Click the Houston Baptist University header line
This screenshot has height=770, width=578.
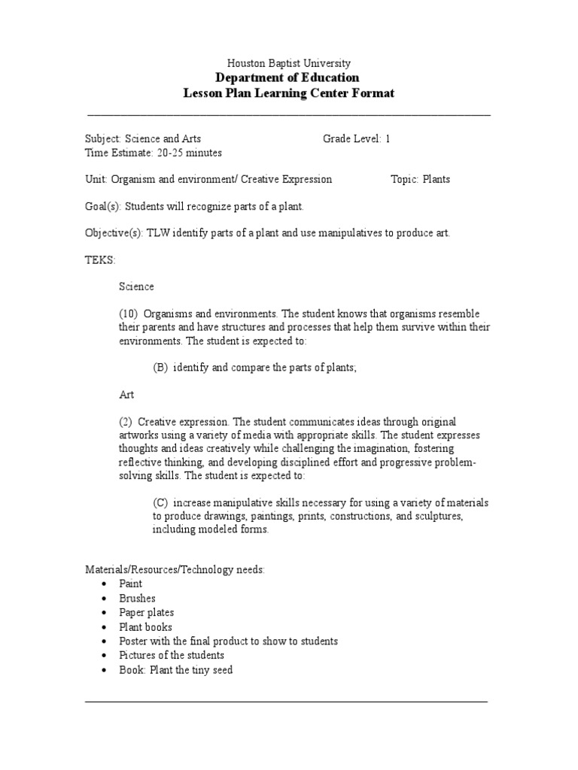[289, 64]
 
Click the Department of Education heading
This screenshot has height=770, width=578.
[289, 78]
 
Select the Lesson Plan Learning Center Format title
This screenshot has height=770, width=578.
[289, 93]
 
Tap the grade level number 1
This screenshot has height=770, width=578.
[388, 139]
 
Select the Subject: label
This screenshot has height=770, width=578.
[102, 139]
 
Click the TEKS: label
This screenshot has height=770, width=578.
[99, 259]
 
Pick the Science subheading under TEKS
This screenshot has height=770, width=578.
[136, 286]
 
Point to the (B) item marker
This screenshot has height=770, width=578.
[160, 367]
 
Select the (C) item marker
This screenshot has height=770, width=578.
[160, 502]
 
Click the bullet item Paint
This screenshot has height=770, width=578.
[130, 584]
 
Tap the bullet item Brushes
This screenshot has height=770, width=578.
[137, 599]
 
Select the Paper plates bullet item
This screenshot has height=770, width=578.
[146, 613]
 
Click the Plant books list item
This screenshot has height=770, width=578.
[145, 627]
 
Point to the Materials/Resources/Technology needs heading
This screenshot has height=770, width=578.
[175, 570]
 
